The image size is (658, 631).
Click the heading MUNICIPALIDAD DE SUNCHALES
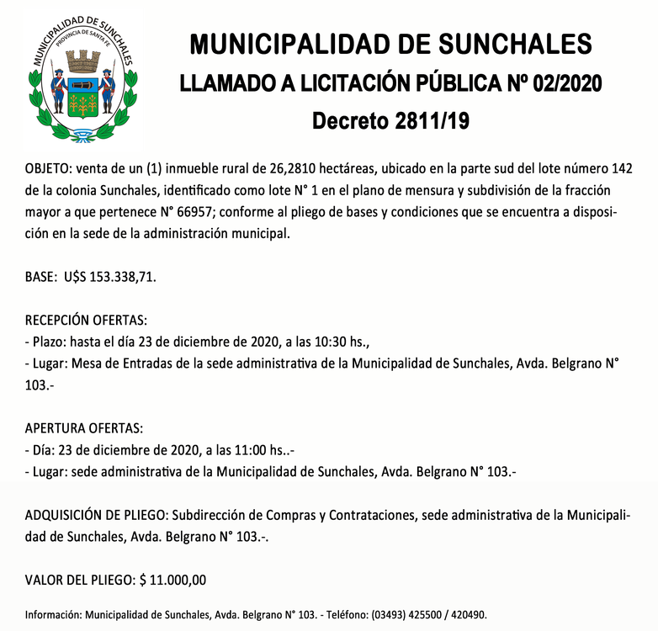[x=391, y=45]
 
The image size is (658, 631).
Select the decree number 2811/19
[x=427, y=120]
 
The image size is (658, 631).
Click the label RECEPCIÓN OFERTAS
[x=86, y=321]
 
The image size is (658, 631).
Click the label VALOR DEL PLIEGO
[x=79, y=579]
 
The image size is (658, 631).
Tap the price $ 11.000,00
[x=172, y=579]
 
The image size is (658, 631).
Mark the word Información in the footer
[x=54, y=614]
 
